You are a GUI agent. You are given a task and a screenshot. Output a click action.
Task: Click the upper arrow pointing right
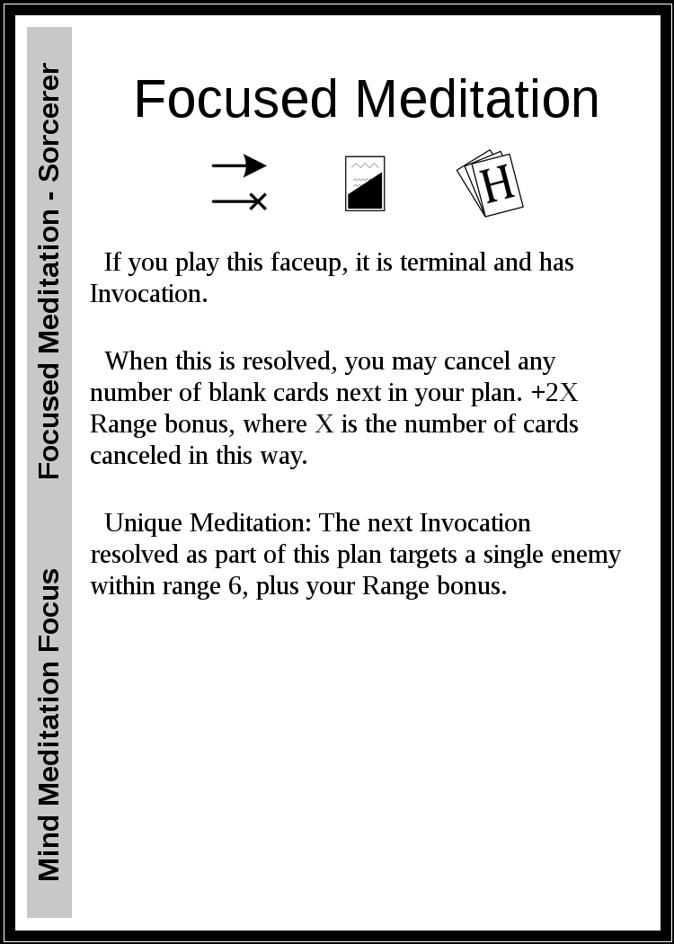coord(239,165)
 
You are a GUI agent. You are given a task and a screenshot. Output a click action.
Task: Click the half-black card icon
coord(365,183)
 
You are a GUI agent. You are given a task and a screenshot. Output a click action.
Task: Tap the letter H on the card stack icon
coord(498,183)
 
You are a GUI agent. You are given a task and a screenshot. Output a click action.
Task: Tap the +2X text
coord(554,393)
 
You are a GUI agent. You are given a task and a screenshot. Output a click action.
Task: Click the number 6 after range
coord(235,587)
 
